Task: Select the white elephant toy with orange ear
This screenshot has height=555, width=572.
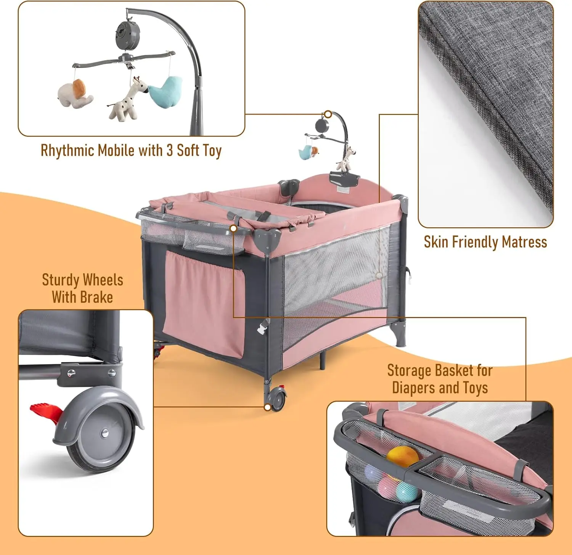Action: (x=76, y=93)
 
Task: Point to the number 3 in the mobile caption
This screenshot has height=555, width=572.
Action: (x=170, y=150)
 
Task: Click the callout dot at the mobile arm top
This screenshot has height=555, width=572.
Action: (x=328, y=114)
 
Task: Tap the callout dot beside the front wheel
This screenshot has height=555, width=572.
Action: (x=267, y=407)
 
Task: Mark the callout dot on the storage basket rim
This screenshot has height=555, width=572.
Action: (x=233, y=228)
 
